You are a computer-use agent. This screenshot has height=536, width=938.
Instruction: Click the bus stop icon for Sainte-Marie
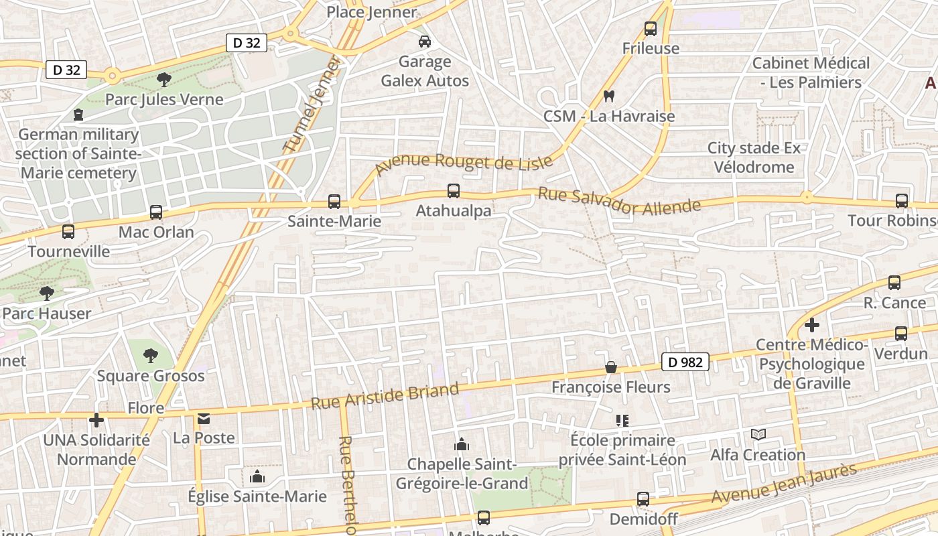(x=334, y=201)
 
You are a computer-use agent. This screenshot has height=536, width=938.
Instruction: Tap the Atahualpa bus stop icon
(x=454, y=191)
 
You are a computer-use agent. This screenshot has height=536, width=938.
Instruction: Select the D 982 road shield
(x=685, y=362)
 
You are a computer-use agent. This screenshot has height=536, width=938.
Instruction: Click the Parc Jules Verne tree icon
(x=163, y=80)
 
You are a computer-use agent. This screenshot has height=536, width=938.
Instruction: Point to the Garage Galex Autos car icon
(x=425, y=42)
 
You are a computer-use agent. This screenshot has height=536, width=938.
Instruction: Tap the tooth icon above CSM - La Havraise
(x=608, y=96)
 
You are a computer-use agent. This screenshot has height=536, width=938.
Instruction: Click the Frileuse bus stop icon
(x=651, y=28)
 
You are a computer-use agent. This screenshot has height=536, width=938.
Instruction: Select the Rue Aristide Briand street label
(x=385, y=395)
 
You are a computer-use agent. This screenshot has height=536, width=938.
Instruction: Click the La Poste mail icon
(x=204, y=419)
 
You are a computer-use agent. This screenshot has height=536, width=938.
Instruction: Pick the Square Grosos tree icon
(x=151, y=356)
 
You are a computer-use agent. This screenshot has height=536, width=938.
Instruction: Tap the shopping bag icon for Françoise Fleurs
(x=611, y=367)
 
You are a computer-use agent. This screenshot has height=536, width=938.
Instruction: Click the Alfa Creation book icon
(x=758, y=435)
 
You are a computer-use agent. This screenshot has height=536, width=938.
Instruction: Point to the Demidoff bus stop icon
(x=643, y=499)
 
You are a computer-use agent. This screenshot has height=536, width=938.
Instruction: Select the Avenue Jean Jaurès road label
(x=784, y=484)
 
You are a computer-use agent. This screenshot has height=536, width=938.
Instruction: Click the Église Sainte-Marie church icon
(x=257, y=477)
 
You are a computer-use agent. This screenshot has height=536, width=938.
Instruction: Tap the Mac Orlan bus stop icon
(x=156, y=212)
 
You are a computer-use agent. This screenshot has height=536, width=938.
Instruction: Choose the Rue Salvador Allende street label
(x=619, y=202)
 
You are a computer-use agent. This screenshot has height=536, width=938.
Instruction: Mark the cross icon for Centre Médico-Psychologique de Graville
(x=812, y=326)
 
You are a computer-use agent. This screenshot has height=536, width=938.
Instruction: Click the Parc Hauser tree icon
(x=46, y=293)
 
